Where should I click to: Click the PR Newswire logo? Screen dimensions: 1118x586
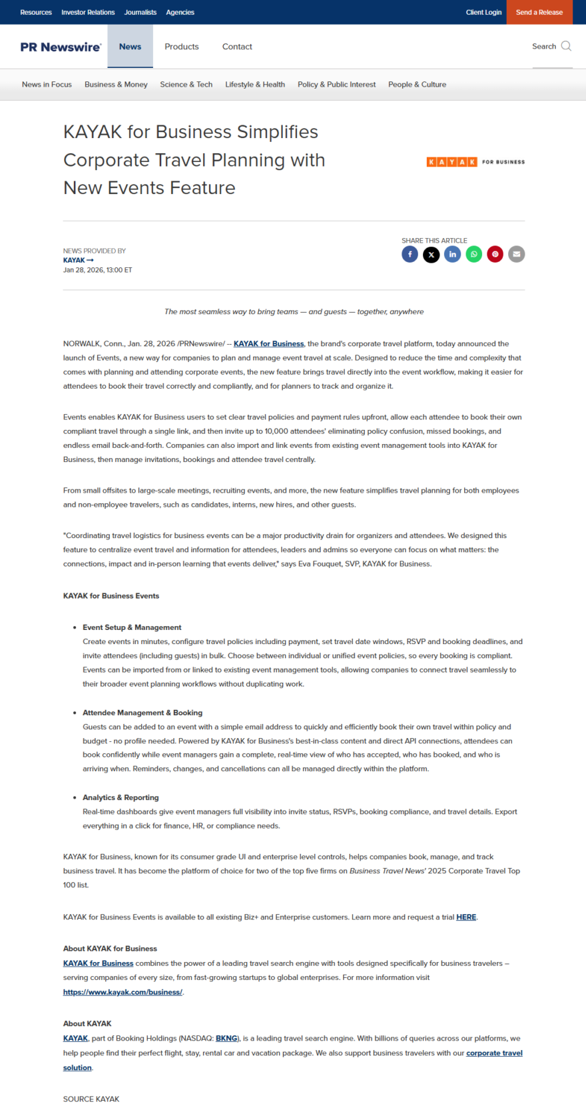[61, 47]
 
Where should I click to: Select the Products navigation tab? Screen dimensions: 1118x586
[182, 47]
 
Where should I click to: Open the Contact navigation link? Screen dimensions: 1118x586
[237, 47]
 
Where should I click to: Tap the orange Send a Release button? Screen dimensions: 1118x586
[539, 12]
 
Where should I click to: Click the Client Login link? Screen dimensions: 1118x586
[483, 12]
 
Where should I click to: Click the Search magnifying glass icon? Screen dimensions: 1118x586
[566, 46]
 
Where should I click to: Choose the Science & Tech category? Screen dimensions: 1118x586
[186, 85]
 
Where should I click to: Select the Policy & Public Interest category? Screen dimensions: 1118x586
[336, 85]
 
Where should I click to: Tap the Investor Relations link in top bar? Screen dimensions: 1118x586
[88, 12]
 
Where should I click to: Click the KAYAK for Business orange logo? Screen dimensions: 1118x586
[475, 162]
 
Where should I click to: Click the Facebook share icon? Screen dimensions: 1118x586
[410, 254]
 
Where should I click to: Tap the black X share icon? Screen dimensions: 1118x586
[431, 254]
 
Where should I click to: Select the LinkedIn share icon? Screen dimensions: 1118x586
[452, 254]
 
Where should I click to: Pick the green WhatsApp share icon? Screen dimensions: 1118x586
[473, 254]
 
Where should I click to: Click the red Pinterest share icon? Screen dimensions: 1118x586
[495, 254]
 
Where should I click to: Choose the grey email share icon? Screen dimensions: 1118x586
[516, 254]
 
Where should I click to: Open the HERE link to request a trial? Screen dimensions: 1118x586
[466, 917]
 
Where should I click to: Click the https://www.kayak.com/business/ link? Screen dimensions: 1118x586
[123, 992]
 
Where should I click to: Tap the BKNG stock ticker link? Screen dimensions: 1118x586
[226, 1039]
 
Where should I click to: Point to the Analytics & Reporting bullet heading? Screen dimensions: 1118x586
[121, 797]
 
